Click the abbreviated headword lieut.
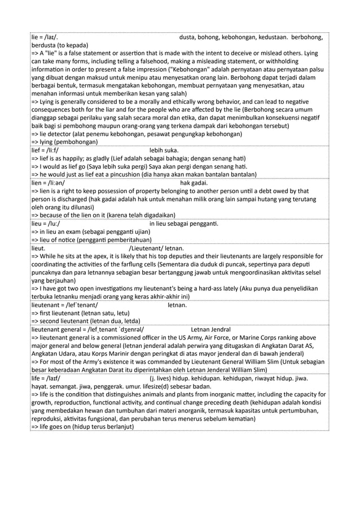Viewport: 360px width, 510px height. [39, 247]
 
